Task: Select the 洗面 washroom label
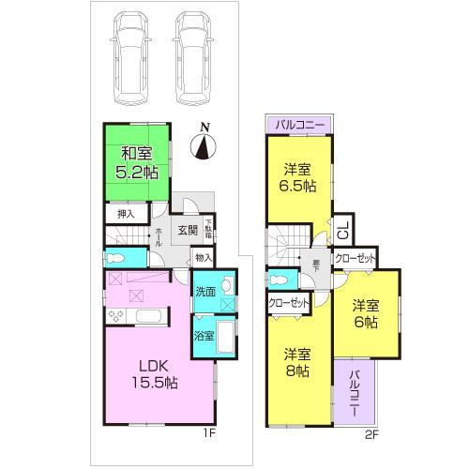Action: pyautogui.click(x=205, y=293)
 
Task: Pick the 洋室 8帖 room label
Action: pyautogui.click(x=300, y=363)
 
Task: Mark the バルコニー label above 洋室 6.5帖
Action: pyautogui.click(x=299, y=124)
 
